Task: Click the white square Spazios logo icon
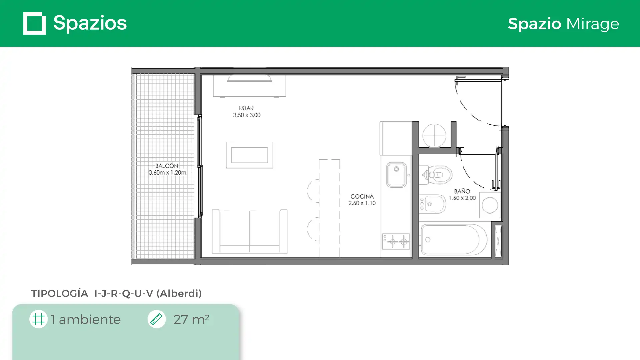click(35, 23)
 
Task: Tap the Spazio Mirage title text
click(563, 24)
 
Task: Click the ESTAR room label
click(246, 108)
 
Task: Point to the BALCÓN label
click(167, 166)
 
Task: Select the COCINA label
click(362, 196)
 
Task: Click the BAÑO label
click(462, 191)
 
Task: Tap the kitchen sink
click(396, 175)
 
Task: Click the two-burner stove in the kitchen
click(396, 241)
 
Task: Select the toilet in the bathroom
click(436, 175)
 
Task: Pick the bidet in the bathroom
click(432, 204)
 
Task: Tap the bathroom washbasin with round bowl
click(490, 205)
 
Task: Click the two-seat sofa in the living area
click(250, 231)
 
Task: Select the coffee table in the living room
click(250, 155)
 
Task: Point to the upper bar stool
click(313, 191)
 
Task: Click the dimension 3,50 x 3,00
click(247, 115)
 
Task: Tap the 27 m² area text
click(191, 319)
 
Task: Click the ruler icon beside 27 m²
click(156, 319)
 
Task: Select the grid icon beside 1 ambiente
click(38, 319)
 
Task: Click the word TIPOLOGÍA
click(60, 293)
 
